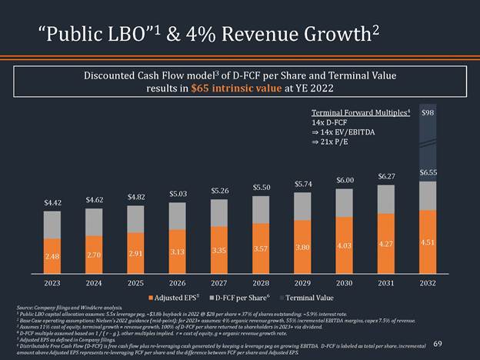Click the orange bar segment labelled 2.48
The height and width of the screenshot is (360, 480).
[x=52, y=255]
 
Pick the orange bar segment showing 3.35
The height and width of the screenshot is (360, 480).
[x=219, y=251]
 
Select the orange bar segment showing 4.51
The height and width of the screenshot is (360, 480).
[x=428, y=243]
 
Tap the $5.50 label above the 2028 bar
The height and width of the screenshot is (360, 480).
[x=261, y=187]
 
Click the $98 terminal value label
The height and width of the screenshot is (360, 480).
[x=428, y=113]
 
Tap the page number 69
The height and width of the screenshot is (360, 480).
[x=439, y=345]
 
